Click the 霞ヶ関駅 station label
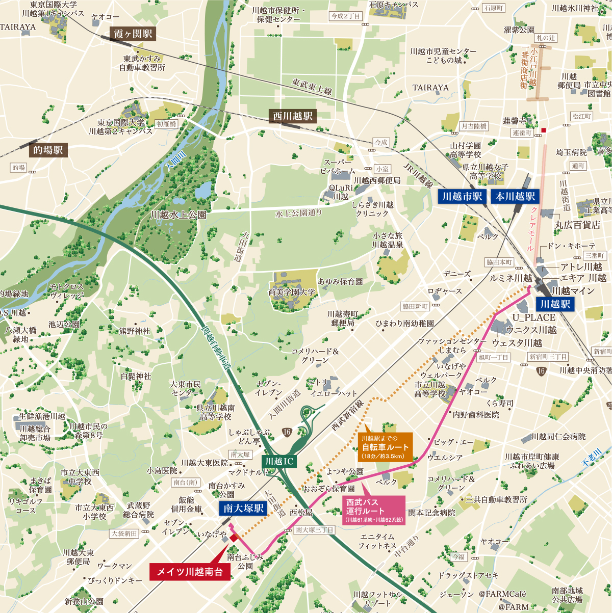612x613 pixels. click(133, 34)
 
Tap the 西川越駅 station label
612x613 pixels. click(293, 116)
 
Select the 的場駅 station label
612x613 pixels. click(48, 150)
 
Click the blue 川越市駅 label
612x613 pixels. click(462, 197)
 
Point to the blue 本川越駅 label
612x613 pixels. click(515, 197)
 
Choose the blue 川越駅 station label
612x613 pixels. click(555, 304)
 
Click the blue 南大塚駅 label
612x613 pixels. click(244, 509)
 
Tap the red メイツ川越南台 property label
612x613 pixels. click(190, 572)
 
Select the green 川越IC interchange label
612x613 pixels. click(279, 462)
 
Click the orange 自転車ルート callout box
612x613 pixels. click(385, 447)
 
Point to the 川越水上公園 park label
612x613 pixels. click(178, 215)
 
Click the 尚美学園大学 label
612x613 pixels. click(292, 292)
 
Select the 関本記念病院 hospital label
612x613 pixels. click(431, 513)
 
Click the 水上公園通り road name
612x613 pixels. click(299, 213)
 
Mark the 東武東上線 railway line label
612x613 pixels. click(312, 86)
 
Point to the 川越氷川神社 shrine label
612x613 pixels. click(575, 8)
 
